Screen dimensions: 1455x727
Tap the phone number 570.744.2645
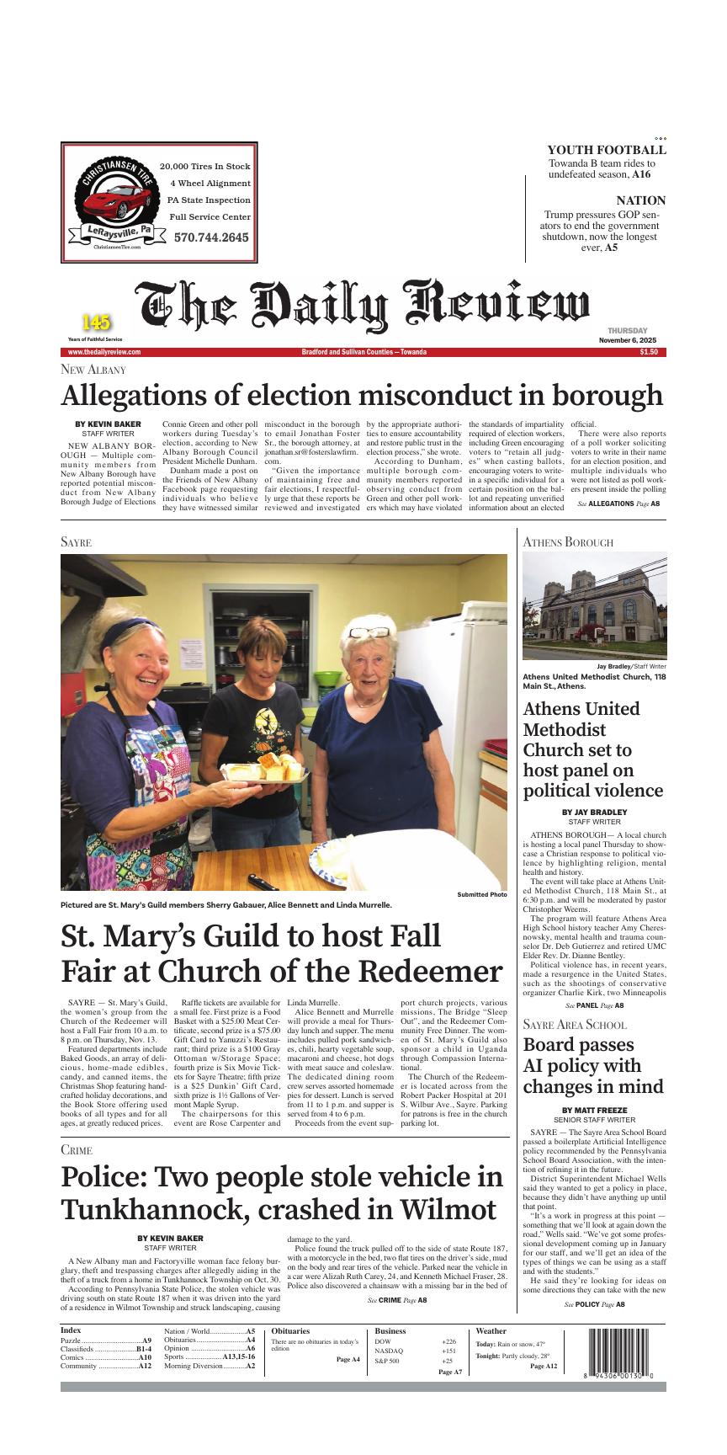pyautogui.click(x=211, y=237)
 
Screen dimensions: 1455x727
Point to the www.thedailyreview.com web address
pyautogui.click(x=104, y=352)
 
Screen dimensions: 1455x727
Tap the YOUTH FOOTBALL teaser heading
pyautogui.click(x=606, y=150)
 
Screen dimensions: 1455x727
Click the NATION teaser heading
pyautogui.click(x=640, y=200)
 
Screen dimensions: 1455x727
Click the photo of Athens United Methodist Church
pyautogui.click(x=594, y=606)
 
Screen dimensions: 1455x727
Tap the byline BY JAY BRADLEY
pyautogui.click(x=594, y=812)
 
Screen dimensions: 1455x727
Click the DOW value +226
pyautogui.click(x=448, y=1341)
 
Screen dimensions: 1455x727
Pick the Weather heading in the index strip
pyautogui.click(x=491, y=1331)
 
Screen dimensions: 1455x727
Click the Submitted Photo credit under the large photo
pyautogui.click(x=482, y=894)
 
